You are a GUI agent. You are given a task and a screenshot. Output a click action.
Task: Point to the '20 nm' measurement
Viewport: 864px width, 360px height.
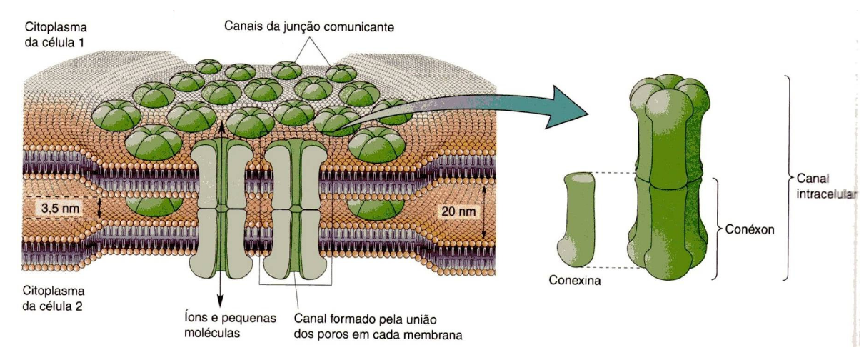(x=458, y=212)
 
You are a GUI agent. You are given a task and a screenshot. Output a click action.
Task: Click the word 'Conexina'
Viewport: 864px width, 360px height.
(x=575, y=281)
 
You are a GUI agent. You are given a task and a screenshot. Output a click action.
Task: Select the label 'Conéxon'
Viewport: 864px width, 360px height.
(x=751, y=230)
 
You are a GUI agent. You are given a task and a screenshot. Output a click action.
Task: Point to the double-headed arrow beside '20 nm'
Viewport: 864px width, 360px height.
(x=486, y=212)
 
